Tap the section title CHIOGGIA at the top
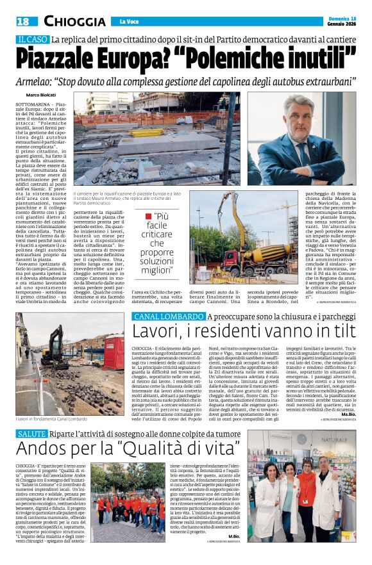click(x=75, y=22)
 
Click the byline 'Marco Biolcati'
click(x=41, y=95)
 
